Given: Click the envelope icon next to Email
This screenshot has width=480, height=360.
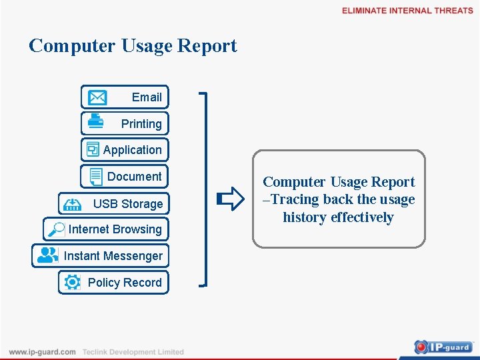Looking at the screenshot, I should (97, 97).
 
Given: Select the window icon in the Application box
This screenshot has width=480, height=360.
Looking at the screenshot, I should (93, 150).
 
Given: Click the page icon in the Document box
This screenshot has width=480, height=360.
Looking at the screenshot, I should (96, 177).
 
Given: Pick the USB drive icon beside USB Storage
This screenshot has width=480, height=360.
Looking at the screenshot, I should (71, 203).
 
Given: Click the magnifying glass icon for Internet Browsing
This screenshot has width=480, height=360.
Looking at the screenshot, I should (56, 230).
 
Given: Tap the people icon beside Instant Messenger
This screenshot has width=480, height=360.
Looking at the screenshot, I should (47, 255).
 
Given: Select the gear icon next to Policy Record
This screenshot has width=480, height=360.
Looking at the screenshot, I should (72, 282).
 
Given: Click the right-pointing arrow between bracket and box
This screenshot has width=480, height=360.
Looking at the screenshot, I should (231, 199).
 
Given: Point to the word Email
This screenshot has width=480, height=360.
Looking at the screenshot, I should (147, 97).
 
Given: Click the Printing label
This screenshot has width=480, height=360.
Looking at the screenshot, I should (141, 124).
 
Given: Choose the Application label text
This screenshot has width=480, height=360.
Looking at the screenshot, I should (132, 150).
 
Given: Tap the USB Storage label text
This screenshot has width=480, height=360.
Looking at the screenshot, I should (128, 204).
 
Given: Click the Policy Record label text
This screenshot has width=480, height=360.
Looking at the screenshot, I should (125, 283).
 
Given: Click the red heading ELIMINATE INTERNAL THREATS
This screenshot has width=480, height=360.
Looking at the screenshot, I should (407, 11).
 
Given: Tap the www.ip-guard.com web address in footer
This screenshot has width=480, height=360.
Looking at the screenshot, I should (43, 352).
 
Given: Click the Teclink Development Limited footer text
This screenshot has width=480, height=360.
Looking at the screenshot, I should (133, 352).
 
